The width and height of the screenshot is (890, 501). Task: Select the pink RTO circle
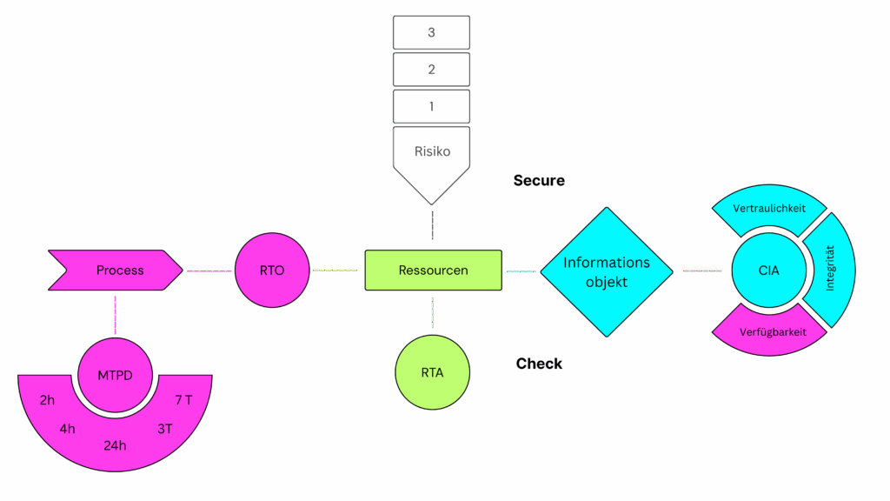tap(272, 271)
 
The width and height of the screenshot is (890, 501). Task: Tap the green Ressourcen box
tap(433, 271)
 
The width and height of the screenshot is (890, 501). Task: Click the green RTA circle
tap(432, 373)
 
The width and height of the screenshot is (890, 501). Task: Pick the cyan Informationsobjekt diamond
tap(607, 271)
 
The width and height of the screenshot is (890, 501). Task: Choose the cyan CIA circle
tap(768, 271)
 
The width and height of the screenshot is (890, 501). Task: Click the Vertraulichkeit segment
tap(768, 210)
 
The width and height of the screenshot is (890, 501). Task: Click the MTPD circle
tap(115, 375)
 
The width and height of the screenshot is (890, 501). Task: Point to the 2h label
tap(48, 401)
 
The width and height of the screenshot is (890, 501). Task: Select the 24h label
tap(115, 445)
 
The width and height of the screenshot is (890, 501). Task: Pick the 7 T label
tap(183, 401)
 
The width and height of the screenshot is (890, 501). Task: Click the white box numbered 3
tap(431, 32)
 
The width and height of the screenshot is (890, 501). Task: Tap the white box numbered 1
tap(431, 106)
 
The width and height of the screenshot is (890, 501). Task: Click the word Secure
tap(539, 181)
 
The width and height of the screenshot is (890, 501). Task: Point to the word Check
tap(539, 364)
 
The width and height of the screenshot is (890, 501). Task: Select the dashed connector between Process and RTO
tap(209, 271)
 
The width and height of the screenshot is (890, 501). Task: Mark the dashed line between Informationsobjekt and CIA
tap(702, 271)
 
